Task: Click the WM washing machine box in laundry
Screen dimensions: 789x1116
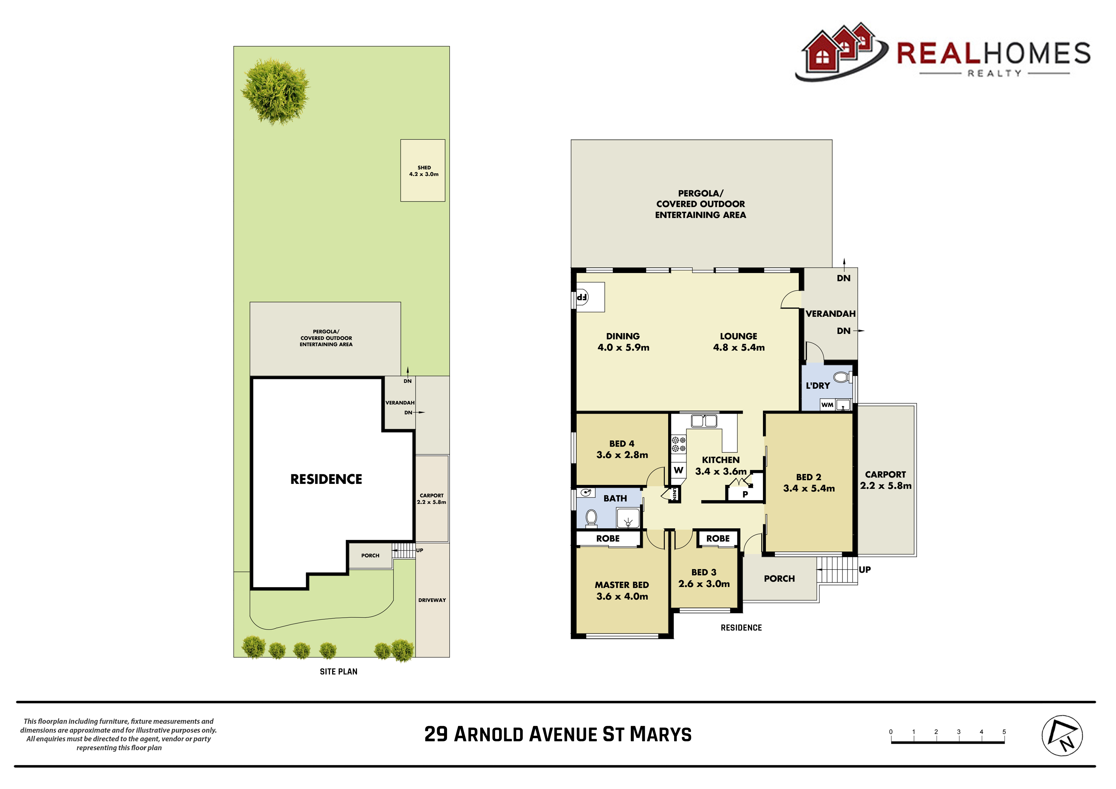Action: pos(827,404)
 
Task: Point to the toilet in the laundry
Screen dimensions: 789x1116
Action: pos(841,377)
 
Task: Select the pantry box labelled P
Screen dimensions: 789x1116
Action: pos(745,494)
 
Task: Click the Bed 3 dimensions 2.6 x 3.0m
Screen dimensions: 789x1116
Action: pos(704,584)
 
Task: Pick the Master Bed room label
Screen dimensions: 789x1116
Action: pos(622,585)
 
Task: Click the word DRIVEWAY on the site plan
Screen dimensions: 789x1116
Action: pos(432,600)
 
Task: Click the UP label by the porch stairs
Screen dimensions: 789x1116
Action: pos(864,569)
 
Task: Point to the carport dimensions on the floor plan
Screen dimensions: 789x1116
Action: pos(886,485)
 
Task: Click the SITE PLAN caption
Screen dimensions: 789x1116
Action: pos(338,671)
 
